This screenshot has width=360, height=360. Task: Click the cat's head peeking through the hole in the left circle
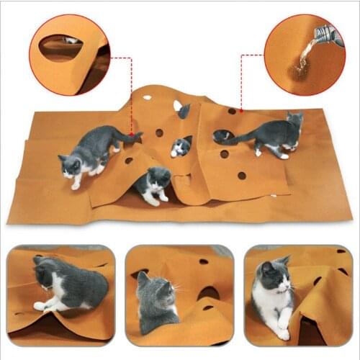pos(71,40)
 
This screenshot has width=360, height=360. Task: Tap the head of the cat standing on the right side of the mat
pos(294,120)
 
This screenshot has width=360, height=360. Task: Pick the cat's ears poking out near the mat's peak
pos(184,109)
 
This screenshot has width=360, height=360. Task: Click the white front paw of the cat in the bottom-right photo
pos(283,333)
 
